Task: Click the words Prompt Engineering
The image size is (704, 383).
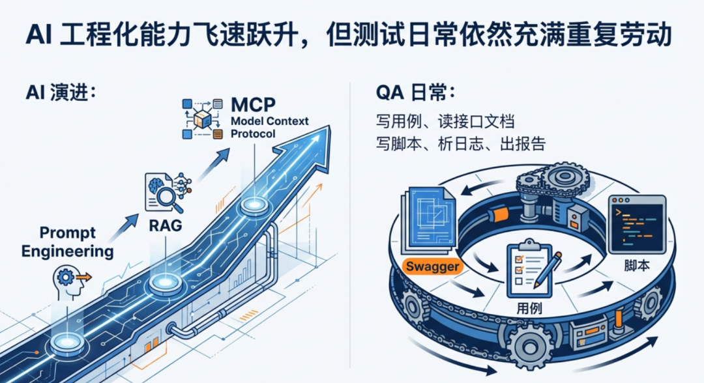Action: coord(67,242)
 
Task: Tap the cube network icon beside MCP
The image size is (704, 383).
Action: coord(203,118)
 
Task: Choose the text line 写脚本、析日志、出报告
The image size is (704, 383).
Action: coord(460,143)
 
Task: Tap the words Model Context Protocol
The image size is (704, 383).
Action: coord(269,127)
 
